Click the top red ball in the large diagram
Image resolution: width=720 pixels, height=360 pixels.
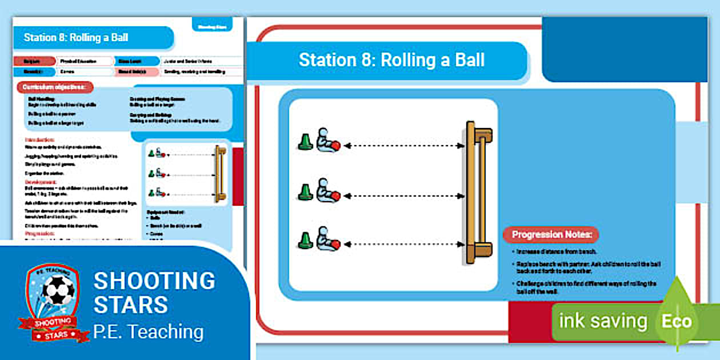click(x=336, y=146)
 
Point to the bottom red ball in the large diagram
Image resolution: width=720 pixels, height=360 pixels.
click(x=336, y=245)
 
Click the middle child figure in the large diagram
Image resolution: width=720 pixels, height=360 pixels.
click(x=324, y=190)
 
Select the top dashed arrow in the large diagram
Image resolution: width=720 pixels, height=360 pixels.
click(x=404, y=146)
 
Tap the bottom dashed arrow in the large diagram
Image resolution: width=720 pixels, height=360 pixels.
click(x=404, y=245)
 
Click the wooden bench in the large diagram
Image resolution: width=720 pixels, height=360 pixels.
click(x=477, y=192)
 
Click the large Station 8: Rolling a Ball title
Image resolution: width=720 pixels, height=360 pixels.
click(x=391, y=60)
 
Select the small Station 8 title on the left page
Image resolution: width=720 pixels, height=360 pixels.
click(x=76, y=38)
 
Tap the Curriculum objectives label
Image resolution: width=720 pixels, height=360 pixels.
click(x=55, y=87)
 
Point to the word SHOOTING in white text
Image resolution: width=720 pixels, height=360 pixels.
click(x=154, y=281)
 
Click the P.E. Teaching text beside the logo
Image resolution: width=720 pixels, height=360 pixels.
click(x=149, y=331)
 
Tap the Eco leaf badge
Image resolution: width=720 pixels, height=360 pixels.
click(x=677, y=321)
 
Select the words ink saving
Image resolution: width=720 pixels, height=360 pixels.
click(x=603, y=321)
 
